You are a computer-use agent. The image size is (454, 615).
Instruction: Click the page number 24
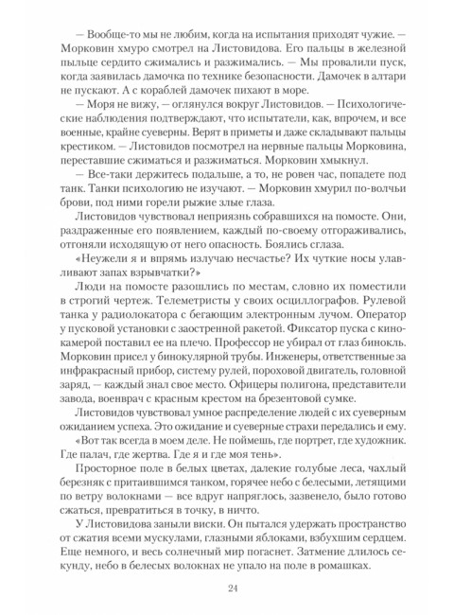(x=232, y=588)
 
